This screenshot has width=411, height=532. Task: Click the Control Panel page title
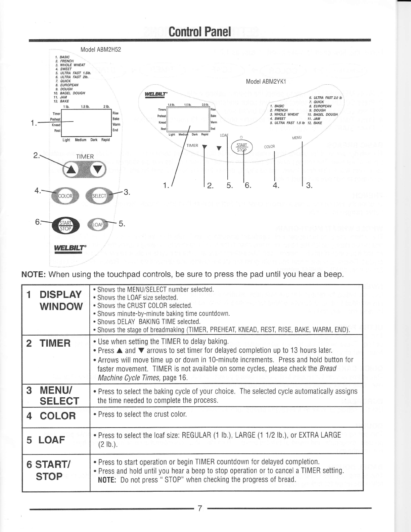tap(200, 32)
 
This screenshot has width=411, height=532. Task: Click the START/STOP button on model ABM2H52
tap(66, 226)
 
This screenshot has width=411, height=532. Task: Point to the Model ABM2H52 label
tap(100, 50)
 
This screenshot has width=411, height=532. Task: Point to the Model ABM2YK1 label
tap(268, 82)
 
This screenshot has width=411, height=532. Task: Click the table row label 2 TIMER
tap(49, 343)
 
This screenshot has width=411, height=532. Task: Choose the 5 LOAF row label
tap(46, 439)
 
